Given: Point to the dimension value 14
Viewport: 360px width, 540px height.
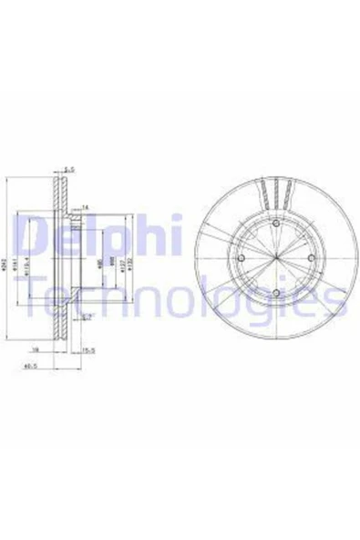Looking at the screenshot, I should coord(86,207).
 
